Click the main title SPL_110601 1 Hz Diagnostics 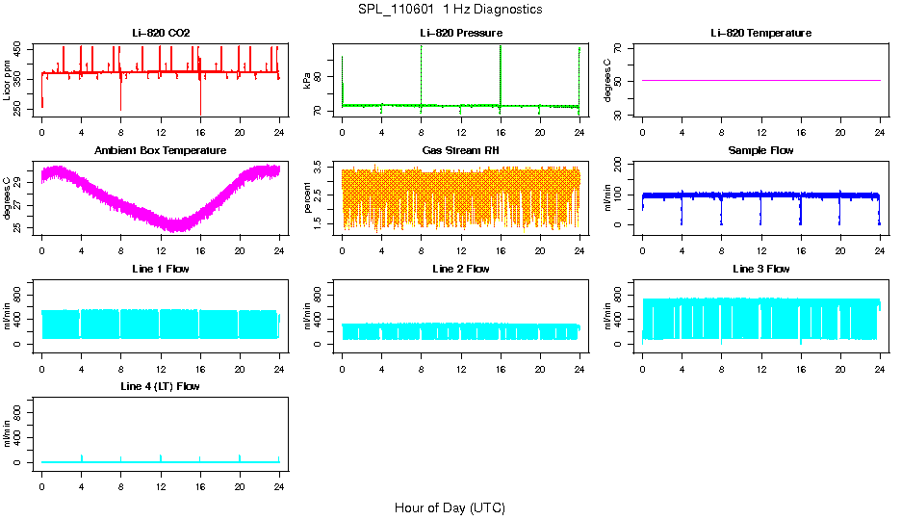click(450, 10)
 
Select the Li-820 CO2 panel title click(161, 33)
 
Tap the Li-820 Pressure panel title click(461, 33)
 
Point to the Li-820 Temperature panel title click(760, 33)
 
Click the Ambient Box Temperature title click(161, 151)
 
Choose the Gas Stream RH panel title click(461, 151)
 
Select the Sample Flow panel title click(760, 151)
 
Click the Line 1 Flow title click(161, 269)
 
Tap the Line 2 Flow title click(461, 269)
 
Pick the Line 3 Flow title click(760, 269)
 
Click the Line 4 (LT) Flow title click(161, 386)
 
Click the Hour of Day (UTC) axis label click(450, 507)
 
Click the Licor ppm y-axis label click(8, 80)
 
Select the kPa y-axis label click(308, 81)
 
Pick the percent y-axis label click(308, 197)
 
